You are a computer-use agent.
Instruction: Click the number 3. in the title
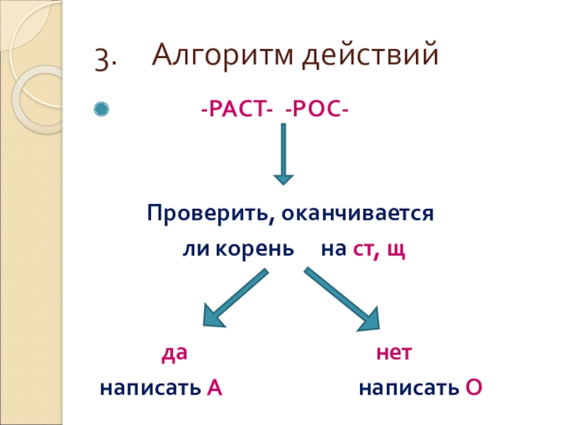pyautogui.click(x=106, y=58)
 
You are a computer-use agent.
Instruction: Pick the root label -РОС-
pyautogui.click(x=316, y=110)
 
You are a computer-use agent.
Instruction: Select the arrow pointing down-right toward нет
pyautogui.click(x=343, y=299)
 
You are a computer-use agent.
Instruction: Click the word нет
pyautogui.click(x=393, y=353)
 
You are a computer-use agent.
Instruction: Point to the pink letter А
pyautogui.click(x=214, y=388)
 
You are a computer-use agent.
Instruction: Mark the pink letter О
pyautogui.click(x=474, y=388)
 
